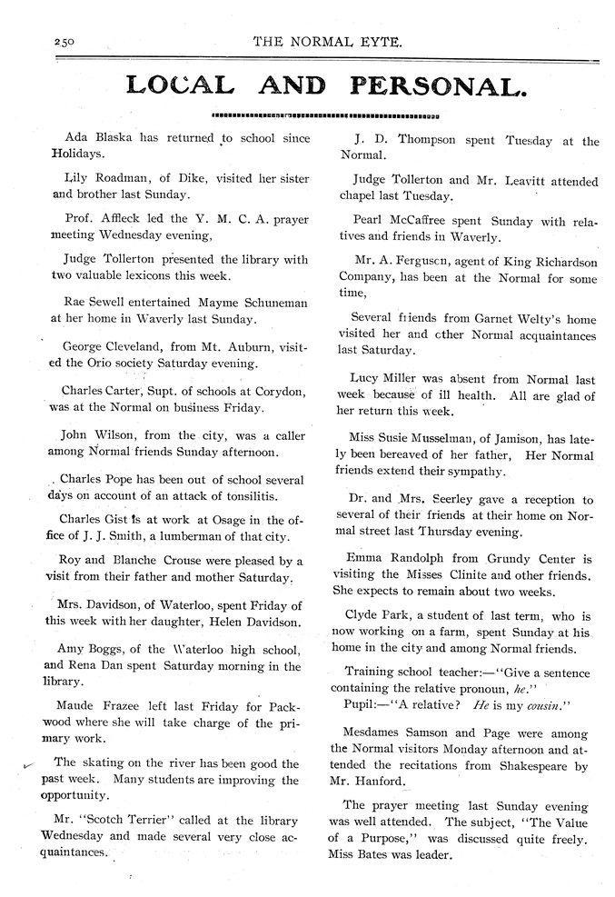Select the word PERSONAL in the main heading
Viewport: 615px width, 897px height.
tap(440, 86)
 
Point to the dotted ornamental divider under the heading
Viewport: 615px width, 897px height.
tap(324, 116)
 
